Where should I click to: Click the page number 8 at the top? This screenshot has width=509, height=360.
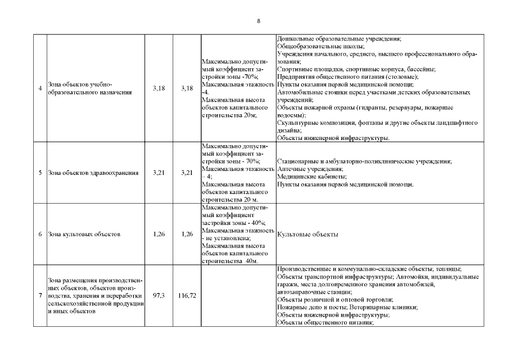258,21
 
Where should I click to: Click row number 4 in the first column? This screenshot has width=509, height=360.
40,88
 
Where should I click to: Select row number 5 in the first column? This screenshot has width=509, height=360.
40,173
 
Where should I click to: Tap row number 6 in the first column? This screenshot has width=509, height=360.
40,234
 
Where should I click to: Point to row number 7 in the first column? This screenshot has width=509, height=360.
40,295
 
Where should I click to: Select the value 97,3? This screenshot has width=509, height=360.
159,295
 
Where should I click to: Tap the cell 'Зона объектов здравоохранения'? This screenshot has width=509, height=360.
93,173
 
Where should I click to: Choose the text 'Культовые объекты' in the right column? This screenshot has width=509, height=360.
307,235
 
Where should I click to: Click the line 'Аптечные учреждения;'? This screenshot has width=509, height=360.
310,169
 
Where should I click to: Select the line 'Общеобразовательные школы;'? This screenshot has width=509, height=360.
321,47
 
